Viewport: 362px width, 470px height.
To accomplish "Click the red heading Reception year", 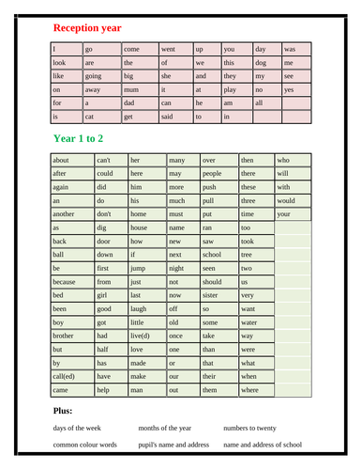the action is point(87,28).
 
